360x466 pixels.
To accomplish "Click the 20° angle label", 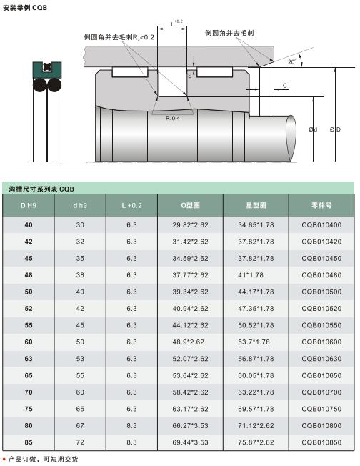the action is (292, 61).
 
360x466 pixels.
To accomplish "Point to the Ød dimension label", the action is (313, 129).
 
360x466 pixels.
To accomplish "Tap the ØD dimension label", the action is (335, 129).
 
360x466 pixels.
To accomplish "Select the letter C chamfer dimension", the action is (284, 86).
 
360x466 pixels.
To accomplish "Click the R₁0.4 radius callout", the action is (173, 118).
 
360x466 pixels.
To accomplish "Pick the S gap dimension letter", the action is (190, 76).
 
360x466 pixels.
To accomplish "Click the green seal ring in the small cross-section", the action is (47, 70).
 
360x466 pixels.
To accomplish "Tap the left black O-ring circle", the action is (39, 85).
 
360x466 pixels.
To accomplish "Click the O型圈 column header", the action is (190, 205).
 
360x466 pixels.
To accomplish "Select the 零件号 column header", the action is (321, 205).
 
